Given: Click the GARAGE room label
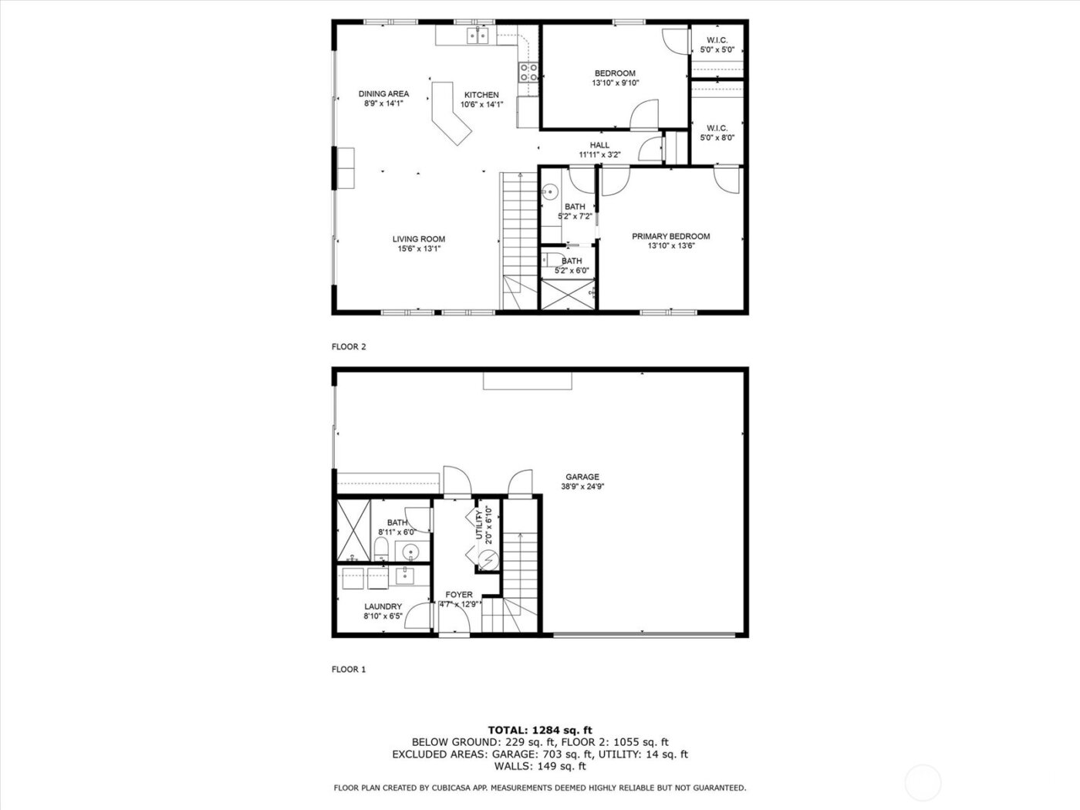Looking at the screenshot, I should pos(580,477).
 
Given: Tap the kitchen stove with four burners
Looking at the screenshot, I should pos(529,73).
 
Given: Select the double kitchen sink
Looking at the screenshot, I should pos(478,35).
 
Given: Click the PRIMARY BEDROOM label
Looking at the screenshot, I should pos(670,237).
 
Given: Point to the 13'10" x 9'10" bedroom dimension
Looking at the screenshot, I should pos(615,83).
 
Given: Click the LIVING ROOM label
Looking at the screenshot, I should pos(419,239).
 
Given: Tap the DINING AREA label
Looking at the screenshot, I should pos(383,94).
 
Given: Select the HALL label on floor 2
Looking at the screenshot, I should pos(599,145).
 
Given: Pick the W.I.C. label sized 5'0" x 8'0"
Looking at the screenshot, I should pos(717,128).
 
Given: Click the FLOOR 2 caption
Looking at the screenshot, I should pos(349,347).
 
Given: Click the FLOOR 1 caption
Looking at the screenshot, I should pos(349,670).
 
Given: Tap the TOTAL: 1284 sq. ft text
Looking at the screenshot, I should pos(540,730).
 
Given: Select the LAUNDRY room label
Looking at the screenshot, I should pos(383,607).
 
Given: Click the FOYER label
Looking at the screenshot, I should pos(459,595).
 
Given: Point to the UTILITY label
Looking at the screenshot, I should pos(479,524).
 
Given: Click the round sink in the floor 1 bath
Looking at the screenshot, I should pos(411,552).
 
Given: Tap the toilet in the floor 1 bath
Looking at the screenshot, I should pos(382,549).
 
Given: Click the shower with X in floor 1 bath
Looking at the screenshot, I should pos(354,531).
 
